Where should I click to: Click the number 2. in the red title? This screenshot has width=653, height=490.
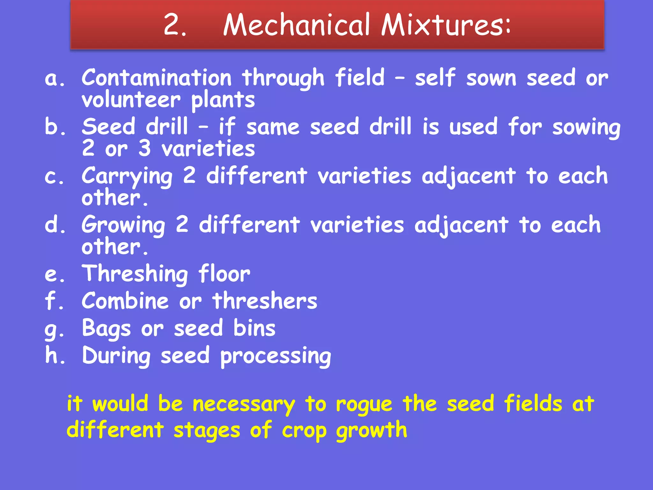tap(174, 25)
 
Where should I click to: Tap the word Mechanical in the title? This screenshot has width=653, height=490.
tap(296, 25)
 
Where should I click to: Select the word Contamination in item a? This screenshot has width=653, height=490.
tap(156, 78)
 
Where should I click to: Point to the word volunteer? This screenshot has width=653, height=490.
tap(131, 100)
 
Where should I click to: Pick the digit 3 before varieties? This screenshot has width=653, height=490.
tap(144, 149)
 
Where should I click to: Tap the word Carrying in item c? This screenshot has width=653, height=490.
tap(127, 176)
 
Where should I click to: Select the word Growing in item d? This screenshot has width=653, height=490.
tap(123, 225)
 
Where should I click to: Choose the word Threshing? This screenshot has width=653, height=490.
tap(135, 274)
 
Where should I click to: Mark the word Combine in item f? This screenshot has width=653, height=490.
tap(125, 301)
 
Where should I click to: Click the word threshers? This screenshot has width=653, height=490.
tap(265, 301)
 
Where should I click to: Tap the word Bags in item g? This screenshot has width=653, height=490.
tap(106, 329)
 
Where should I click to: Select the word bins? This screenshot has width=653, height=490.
tap(254, 328)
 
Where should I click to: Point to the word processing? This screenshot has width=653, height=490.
tap(275, 356)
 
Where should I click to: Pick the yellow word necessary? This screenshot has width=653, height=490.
tap(244, 405)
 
